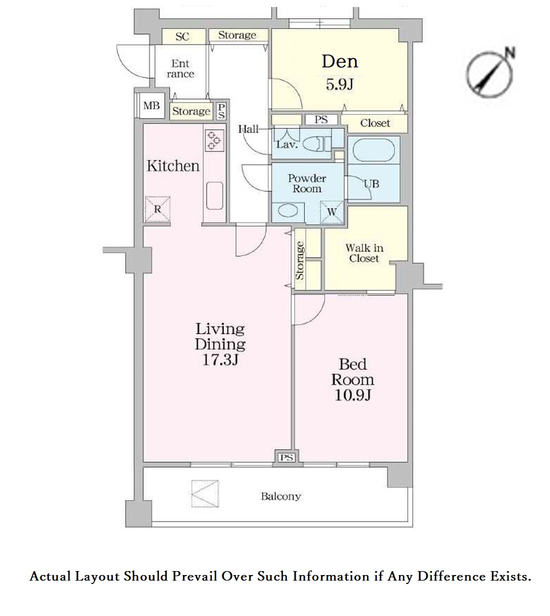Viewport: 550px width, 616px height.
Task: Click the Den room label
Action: (340, 62)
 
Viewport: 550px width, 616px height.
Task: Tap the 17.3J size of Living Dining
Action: (220, 359)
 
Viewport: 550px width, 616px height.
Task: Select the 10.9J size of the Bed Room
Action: (352, 395)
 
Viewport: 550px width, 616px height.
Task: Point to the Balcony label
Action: (281, 496)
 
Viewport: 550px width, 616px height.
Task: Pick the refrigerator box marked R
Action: (157, 209)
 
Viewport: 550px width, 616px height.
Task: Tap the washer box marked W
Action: (332, 212)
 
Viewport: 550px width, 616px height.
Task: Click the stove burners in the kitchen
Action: (214, 140)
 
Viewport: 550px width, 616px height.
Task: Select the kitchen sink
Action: (214, 195)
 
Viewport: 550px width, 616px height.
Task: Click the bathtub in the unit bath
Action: (373, 150)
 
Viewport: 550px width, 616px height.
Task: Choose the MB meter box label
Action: (152, 105)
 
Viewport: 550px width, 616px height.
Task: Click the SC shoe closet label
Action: (182, 36)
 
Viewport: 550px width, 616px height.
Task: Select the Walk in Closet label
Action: (364, 253)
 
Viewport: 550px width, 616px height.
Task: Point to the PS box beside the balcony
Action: (287, 457)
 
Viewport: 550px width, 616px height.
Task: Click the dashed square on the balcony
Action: (204, 494)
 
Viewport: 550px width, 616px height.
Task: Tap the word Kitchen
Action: (173, 166)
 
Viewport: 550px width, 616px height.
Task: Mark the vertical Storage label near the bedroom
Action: (300, 260)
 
